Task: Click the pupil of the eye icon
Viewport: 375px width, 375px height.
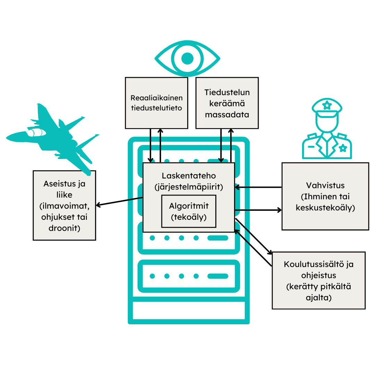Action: point(187,58)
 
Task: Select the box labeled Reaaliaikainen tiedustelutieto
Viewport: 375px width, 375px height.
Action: point(156,103)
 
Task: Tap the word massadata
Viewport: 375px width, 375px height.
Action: point(227,115)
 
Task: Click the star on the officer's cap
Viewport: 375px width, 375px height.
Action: point(327,104)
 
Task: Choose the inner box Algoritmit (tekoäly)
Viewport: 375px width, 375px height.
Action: point(189,211)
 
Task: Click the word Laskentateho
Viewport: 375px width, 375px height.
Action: point(189,176)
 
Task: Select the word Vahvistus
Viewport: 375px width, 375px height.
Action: point(325,185)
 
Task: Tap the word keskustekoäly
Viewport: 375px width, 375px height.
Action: point(325,208)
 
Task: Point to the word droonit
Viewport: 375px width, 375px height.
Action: point(64,228)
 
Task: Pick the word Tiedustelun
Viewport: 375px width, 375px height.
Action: point(227,92)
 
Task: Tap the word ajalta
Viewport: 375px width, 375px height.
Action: point(319,298)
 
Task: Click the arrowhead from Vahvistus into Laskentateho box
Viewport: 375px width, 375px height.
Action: point(237,187)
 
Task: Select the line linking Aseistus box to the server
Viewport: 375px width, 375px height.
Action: point(135,199)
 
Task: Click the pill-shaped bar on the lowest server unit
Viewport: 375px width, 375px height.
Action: point(218,276)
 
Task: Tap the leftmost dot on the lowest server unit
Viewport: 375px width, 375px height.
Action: point(152,276)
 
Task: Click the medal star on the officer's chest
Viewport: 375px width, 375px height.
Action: point(343,148)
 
